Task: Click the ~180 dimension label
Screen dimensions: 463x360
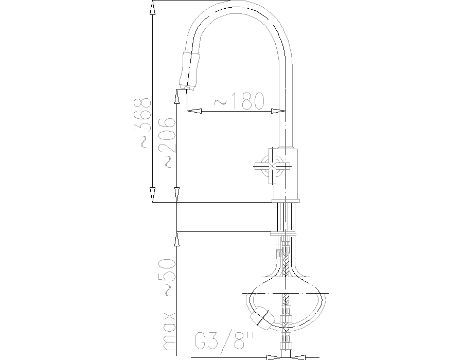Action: point(239,101)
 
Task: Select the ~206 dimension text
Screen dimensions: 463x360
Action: point(167,143)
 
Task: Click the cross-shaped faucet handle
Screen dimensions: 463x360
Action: point(272,166)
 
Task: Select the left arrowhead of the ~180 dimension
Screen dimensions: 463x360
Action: point(194,111)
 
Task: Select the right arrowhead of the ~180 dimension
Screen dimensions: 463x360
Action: point(278,111)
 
